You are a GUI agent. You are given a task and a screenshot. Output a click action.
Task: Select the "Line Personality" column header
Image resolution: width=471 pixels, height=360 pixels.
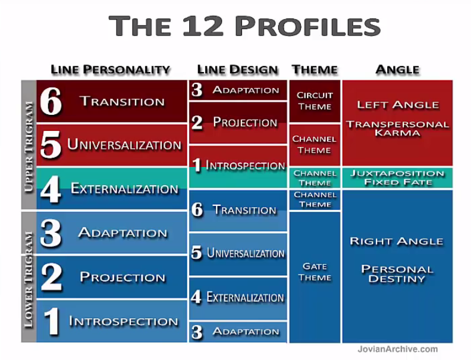[x=111, y=70]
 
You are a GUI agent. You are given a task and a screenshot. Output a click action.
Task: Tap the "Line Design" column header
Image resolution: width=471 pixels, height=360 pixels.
[x=237, y=70]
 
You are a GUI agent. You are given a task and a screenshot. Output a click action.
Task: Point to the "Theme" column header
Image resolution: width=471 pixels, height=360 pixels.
[x=315, y=70]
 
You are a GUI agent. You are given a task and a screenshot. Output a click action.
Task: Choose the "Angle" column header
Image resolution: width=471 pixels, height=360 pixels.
[x=397, y=70]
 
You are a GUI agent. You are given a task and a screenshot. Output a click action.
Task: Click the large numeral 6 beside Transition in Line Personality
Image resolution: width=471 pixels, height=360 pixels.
[x=51, y=102]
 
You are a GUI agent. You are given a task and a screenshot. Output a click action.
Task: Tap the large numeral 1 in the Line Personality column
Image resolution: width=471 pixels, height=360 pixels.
[x=52, y=321]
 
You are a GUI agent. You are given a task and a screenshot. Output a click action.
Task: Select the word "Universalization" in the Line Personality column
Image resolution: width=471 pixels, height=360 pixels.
[x=124, y=145]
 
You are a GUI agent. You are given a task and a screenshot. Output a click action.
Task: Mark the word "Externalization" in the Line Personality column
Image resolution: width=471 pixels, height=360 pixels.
[x=124, y=189]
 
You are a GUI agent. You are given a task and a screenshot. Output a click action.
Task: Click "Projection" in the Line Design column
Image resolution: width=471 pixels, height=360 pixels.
[x=245, y=123]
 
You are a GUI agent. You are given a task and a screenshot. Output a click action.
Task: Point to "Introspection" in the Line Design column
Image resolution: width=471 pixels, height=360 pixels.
[x=245, y=166]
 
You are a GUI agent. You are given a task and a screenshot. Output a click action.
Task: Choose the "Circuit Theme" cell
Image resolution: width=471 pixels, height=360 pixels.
[x=315, y=101]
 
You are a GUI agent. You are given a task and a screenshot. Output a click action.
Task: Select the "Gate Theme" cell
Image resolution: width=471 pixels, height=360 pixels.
[x=315, y=272]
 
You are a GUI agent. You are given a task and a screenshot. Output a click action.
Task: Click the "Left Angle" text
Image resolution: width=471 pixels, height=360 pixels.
[x=397, y=105]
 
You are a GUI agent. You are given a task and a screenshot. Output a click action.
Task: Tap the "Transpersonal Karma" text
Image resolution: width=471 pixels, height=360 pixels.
[x=397, y=128]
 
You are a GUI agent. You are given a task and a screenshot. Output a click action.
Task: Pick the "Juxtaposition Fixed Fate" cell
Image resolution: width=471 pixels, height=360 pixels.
[x=397, y=177]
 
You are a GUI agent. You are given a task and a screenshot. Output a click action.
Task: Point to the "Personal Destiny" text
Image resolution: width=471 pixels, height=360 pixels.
[x=397, y=274]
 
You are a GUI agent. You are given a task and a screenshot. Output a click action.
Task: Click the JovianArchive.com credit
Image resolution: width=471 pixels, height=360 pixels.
[x=397, y=349]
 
